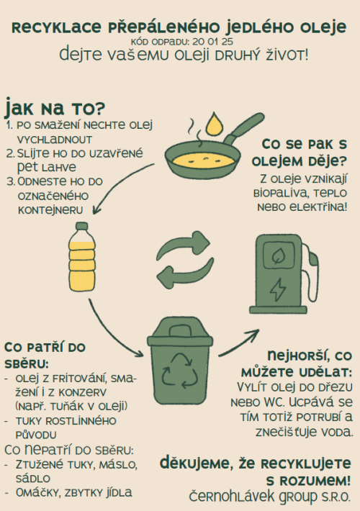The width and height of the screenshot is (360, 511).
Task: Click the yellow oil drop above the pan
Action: pyautogui.click(x=215, y=125)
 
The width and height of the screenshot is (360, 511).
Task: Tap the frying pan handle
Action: pyautogui.click(x=244, y=128)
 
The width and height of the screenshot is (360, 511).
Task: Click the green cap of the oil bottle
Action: pyautogui.click(x=81, y=226)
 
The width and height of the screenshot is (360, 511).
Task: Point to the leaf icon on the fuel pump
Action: pyautogui.click(x=278, y=256)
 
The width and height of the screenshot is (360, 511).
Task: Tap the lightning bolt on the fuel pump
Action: pyautogui.click(x=277, y=289)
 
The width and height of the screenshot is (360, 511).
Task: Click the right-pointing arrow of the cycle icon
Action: pyautogui.click(x=184, y=246)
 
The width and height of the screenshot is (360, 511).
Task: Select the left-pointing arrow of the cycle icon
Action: pyautogui.click(x=185, y=273)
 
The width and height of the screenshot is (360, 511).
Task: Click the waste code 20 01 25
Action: pyautogui.click(x=212, y=42)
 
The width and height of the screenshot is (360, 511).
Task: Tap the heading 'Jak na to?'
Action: pyautogui.click(x=55, y=107)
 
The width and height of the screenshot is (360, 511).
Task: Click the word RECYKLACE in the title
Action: pyautogui.click(x=56, y=27)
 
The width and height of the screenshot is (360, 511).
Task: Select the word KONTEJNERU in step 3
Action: pyautogui.click(x=50, y=210)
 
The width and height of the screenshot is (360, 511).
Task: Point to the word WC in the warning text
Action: pyautogui.click(x=275, y=402)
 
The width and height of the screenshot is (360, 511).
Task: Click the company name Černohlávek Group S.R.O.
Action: pyautogui.click(x=270, y=497)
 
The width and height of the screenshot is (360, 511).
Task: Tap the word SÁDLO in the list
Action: pyautogui.click(x=33, y=479)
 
